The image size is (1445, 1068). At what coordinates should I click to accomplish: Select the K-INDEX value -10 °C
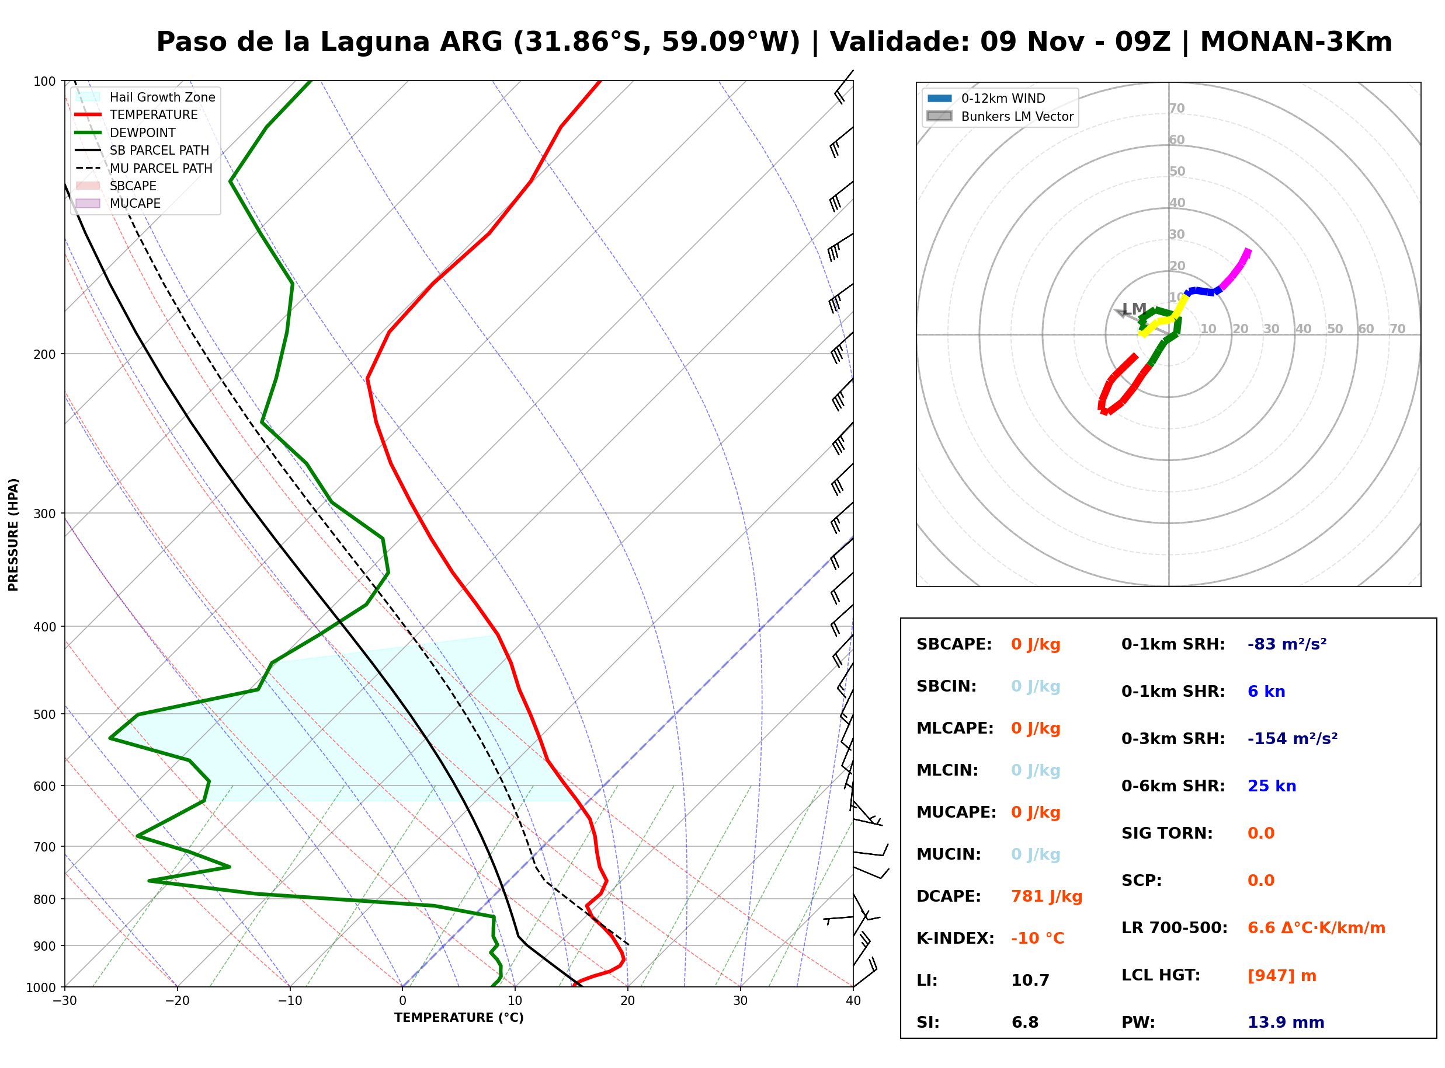pos(1037,938)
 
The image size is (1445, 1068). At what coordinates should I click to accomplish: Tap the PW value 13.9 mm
pos(1285,1022)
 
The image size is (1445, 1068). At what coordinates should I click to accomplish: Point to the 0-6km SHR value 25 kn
pos(1272,786)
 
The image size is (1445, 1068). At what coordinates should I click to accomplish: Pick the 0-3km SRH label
pos(1173,739)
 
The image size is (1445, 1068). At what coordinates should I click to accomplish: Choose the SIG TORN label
pos(1167,833)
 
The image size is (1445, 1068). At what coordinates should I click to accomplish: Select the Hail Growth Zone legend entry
pos(145,97)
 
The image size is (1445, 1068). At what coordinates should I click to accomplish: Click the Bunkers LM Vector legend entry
pos(1000,116)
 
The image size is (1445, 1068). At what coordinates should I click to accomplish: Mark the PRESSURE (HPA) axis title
pos(13,535)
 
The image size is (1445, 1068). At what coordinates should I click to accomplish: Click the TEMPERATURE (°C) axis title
pos(458,1018)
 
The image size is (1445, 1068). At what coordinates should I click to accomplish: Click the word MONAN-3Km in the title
pos(1296,42)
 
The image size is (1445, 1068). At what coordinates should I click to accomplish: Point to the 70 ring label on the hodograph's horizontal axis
pos(1397,329)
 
